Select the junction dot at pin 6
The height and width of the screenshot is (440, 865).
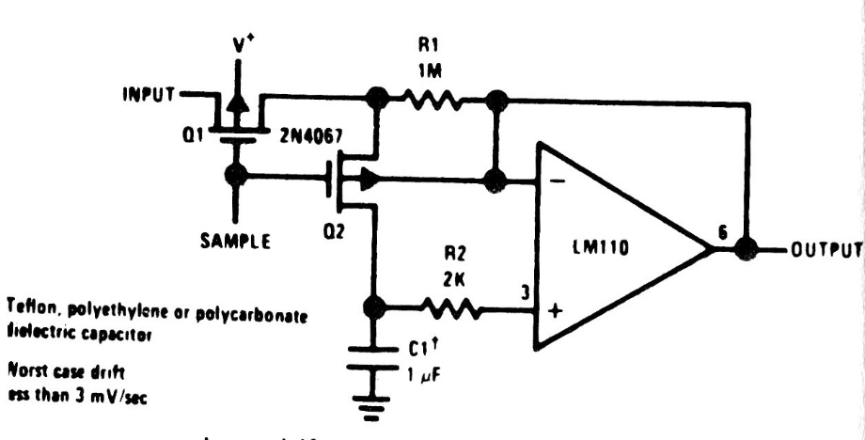coord(747,250)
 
